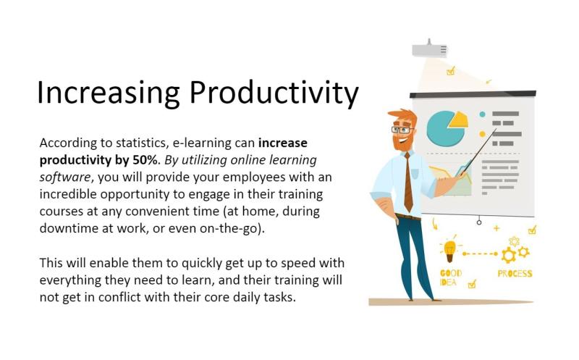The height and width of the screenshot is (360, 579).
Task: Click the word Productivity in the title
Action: [274, 93]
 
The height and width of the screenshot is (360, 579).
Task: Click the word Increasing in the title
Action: [108, 93]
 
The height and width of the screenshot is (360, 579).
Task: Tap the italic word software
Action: [65, 177]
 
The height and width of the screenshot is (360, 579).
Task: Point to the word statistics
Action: [140, 143]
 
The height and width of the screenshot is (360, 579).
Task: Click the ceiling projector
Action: [429, 49]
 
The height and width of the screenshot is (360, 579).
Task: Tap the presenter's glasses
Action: [402, 130]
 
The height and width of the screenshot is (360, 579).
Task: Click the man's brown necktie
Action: [408, 183]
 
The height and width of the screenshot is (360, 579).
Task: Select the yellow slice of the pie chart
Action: [458, 120]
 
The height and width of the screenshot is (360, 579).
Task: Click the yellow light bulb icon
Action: [449, 251]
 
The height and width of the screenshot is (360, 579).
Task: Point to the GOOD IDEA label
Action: [450, 277]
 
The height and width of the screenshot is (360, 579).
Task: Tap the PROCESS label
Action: [515, 274]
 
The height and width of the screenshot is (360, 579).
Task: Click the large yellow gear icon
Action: [509, 256]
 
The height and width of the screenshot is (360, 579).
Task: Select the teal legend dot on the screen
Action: [482, 114]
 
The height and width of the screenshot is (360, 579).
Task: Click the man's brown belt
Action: [408, 217]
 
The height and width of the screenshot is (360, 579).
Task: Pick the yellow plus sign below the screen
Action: [496, 228]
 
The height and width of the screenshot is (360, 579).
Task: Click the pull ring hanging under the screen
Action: [479, 222]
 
